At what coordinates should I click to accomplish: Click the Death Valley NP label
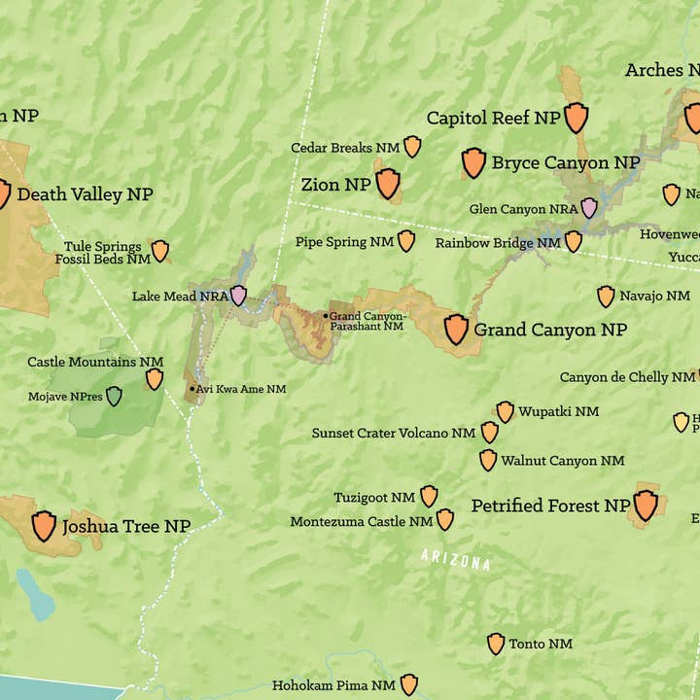(x=85, y=194)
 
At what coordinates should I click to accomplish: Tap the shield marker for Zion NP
(x=388, y=183)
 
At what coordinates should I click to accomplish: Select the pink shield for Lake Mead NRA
(x=238, y=296)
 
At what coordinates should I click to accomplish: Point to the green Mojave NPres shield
(x=114, y=396)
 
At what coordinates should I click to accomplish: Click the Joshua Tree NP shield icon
(x=44, y=526)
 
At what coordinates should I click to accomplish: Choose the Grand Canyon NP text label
(x=550, y=331)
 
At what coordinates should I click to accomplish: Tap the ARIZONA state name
(x=455, y=560)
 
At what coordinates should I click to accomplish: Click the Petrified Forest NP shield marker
(x=646, y=505)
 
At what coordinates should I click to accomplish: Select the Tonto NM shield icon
(x=496, y=643)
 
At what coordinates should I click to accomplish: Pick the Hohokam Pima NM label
(x=333, y=685)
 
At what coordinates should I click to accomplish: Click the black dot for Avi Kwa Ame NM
(x=192, y=389)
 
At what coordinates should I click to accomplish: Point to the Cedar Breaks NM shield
(x=412, y=147)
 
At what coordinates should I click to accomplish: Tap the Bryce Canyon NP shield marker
(x=473, y=162)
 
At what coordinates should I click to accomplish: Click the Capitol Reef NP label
(x=493, y=118)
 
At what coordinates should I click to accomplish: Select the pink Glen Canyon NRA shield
(x=589, y=207)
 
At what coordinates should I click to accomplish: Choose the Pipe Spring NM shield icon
(x=406, y=241)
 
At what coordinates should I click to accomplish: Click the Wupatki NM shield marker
(x=505, y=411)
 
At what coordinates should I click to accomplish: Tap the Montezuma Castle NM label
(x=361, y=522)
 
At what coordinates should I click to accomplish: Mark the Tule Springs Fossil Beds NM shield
(x=159, y=251)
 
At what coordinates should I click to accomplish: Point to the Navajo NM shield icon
(x=606, y=296)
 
